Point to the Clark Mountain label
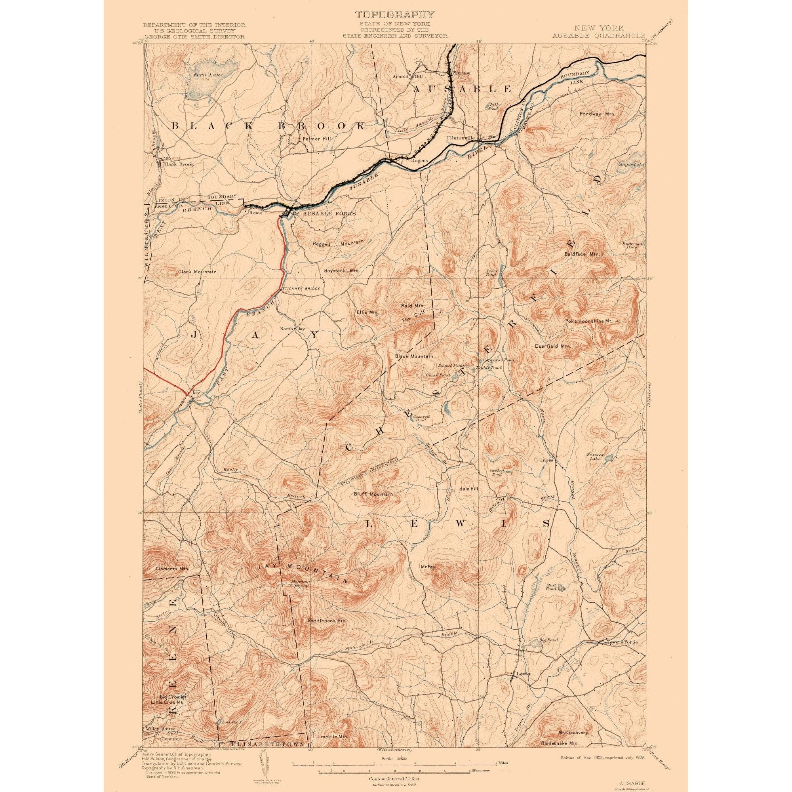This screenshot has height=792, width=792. coord(197,272)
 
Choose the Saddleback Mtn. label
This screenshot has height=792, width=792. coord(327,632)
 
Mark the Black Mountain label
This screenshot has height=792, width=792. coord(414,356)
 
